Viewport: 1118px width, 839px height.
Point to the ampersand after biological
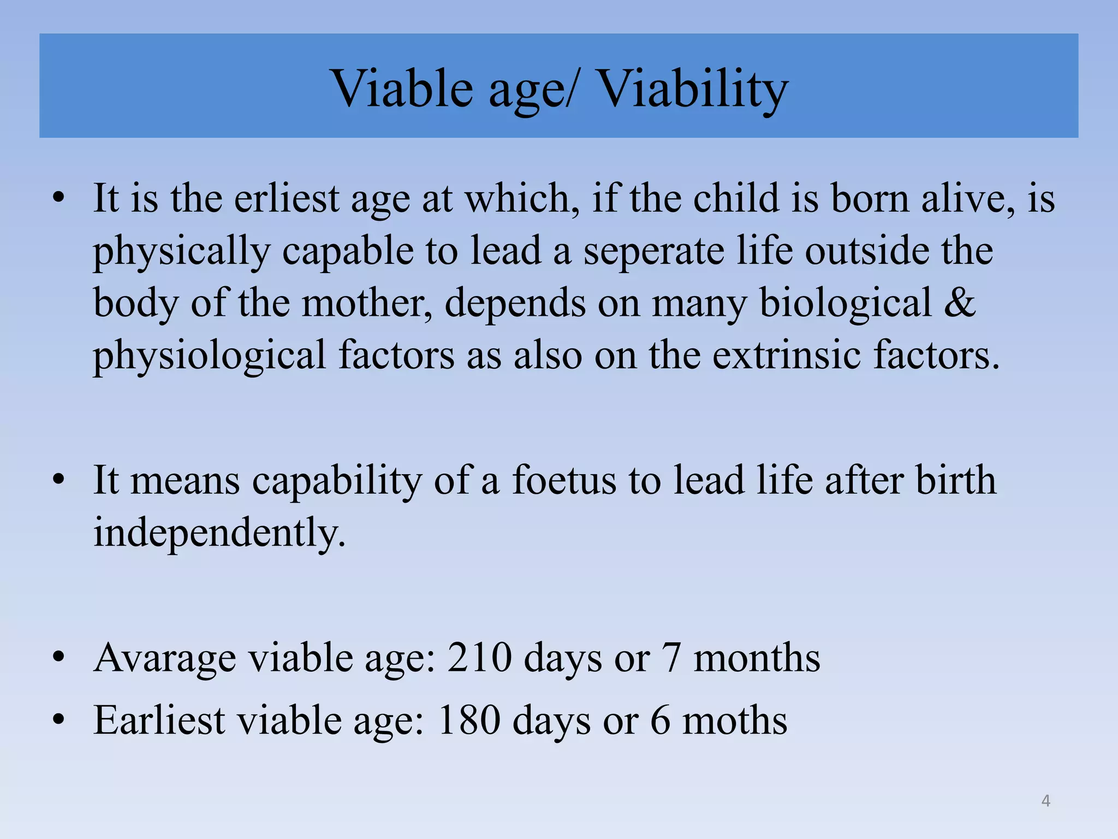click(x=959, y=303)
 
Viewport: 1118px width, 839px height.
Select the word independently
click(x=218, y=533)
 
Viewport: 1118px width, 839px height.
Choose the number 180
click(x=468, y=720)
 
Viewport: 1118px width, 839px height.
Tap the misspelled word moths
click(x=735, y=720)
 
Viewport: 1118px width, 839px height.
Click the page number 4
click(x=1045, y=801)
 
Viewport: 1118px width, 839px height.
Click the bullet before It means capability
click(x=59, y=480)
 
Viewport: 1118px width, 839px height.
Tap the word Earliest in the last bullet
click(x=159, y=720)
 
